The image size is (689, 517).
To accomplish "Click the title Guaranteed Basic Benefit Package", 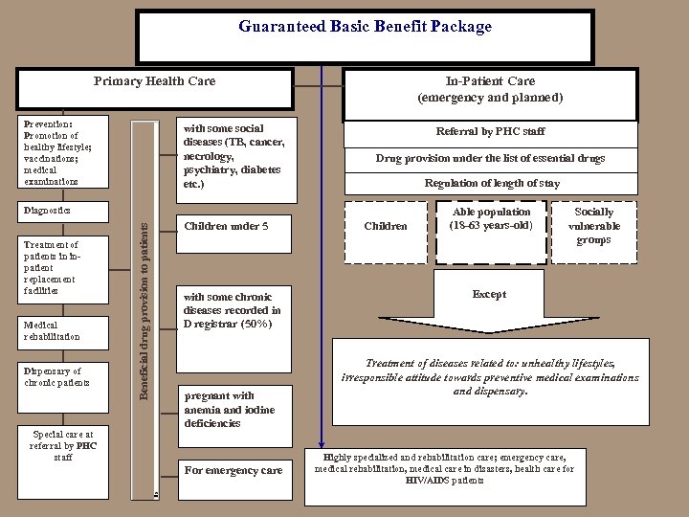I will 365,27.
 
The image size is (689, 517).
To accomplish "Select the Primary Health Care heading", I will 155,81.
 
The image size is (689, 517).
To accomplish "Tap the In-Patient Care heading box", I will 490,89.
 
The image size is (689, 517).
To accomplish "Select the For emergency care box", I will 233,470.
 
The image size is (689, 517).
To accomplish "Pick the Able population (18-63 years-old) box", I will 492,218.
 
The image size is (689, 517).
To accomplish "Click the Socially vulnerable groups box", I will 594,225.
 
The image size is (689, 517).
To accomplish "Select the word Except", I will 488,295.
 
